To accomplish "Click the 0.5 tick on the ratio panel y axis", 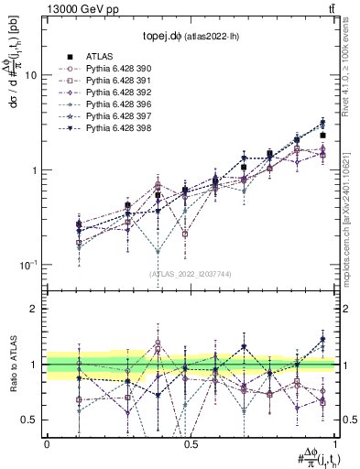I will pos(31,420).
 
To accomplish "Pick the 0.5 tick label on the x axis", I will pos(191,442).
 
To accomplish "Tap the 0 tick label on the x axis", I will pos(47,442).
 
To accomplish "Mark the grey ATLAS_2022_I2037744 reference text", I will pos(191,274).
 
